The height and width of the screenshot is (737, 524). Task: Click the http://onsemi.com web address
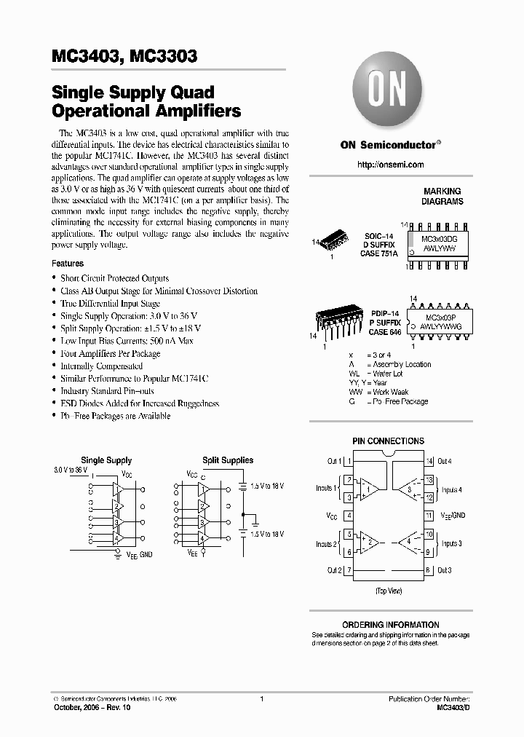(391, 165)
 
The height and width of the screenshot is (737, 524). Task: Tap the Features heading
(68, 263)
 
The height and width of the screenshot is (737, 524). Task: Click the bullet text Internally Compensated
(101, 366)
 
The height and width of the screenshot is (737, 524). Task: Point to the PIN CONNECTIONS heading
(388, 441)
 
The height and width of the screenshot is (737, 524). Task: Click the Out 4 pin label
(445, 461)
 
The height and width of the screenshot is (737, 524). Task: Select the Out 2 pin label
(334, 570)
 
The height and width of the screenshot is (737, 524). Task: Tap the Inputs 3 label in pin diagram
(451, 544)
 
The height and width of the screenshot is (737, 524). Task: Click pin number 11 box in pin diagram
(429, 516)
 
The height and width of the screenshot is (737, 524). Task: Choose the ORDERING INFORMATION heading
(391, 625)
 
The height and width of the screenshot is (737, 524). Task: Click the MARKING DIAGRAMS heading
(443, 197)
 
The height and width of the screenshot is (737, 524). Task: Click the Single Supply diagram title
(106, 460)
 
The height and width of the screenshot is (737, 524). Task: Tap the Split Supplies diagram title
(228, 460)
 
